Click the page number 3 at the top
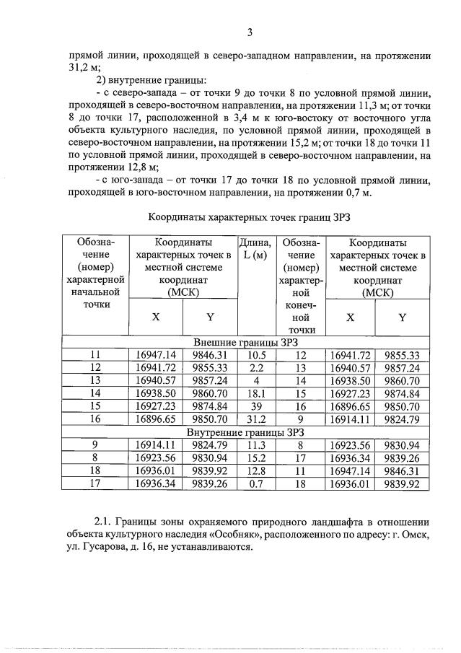(x=250, y=32)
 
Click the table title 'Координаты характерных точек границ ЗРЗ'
(x=253, y=215)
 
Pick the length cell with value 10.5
(x=257, y=354)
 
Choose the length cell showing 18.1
(x=257, y=393)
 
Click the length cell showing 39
(x=257, y=406)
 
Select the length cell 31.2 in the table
(x=257, y=419)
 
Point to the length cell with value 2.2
(x=257, y=367)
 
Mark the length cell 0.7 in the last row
(x=257, y=484)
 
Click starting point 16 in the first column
(x=95, y=419)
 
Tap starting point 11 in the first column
(x=95, y=354)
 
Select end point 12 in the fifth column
(x=302, y=354)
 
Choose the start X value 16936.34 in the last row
(x=156, y=484)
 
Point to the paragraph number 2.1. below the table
(x=105, y=521)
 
